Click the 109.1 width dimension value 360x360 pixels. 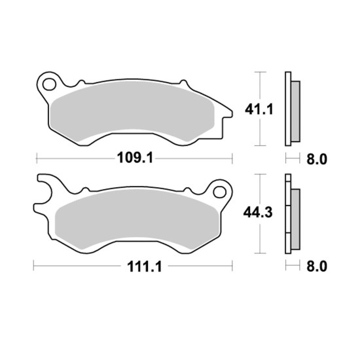pyautogui.click(x=135, y=158)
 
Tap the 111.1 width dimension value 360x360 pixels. pyautogui.click(x=145, y=267)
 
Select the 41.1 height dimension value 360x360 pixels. pyautogui.click(x=259, y=109)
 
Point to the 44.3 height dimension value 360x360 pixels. pyautogui.click(x=258, y=213)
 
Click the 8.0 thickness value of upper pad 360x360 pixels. pyautogui.click(x=317, y=159)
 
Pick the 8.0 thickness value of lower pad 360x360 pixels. pyautogui.click(x=317, y=267)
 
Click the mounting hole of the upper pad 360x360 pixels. pyautogui.click(x=49, y=84)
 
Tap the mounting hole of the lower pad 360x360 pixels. pyautogui.click(x=219, y=192)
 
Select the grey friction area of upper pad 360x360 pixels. pyautogui.click(x=132, y=111)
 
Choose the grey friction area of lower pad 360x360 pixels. pyautogui.click(x=137, y=219)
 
